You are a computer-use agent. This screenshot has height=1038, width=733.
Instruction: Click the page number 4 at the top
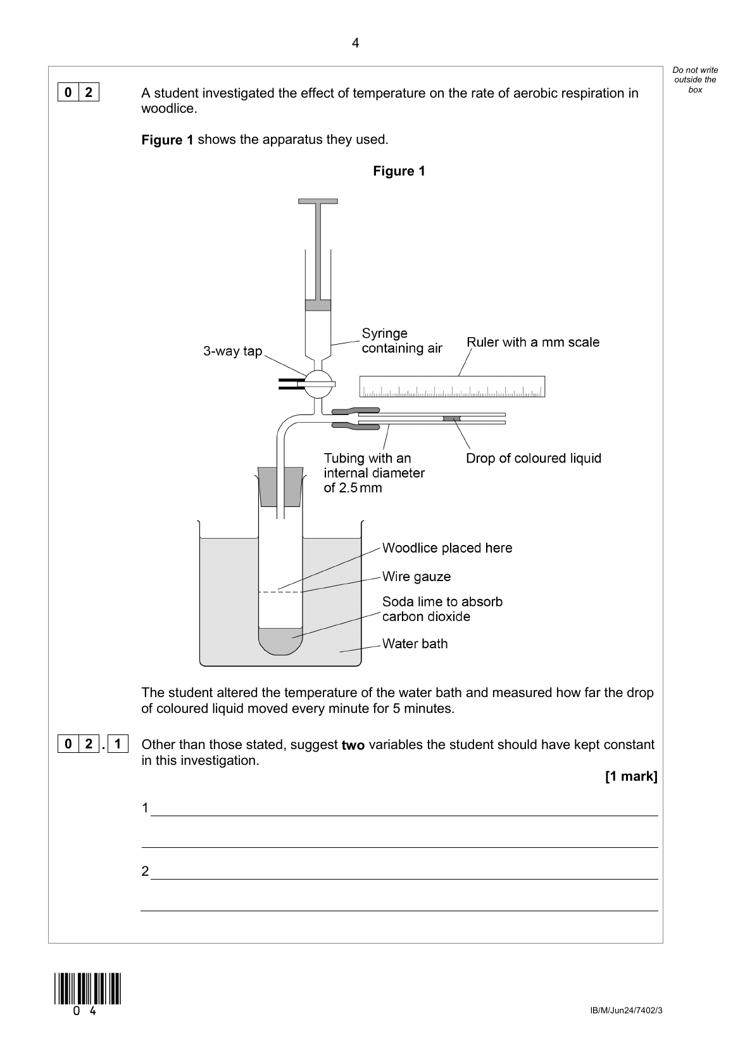pos(355,43)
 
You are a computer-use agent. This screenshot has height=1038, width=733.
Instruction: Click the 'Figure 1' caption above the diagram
pos(399,171)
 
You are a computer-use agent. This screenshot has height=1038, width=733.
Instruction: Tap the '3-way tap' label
pos(232,351)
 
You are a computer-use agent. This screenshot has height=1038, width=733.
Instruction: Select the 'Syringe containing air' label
pos(401,341)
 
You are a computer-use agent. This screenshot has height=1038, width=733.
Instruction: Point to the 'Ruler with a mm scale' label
pos(533,342)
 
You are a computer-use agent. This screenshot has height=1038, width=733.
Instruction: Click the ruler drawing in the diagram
pos(452,387)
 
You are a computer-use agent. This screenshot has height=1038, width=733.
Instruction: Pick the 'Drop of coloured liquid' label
pos(534,458)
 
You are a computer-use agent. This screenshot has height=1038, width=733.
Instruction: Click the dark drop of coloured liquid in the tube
pos(452,419)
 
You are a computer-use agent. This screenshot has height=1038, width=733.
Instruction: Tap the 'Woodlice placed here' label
pos(447,548)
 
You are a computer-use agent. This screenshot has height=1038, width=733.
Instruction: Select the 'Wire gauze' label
pos(417,577)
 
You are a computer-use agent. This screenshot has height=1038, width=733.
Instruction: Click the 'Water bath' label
pos(415,644)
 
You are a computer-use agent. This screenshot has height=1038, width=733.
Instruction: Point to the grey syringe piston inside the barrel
pos(318,305)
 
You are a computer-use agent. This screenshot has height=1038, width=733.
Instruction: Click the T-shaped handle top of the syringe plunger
pos(318,202)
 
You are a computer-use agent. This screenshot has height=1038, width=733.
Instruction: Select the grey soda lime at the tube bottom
pos(280,640)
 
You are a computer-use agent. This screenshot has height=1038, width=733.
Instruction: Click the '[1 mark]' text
pos(631,776)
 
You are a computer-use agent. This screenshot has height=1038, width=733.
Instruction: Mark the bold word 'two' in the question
pos(353,745)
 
